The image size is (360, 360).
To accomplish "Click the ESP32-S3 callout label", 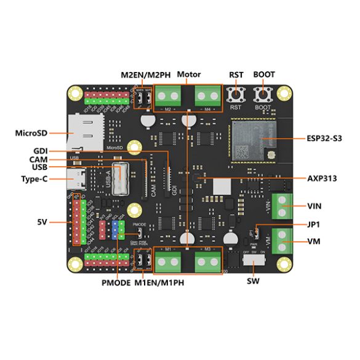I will (323, 138).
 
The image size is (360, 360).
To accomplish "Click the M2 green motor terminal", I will (167, 96).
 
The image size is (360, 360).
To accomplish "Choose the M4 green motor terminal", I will (209, 96).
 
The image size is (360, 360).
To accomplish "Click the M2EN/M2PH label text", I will (147, 75).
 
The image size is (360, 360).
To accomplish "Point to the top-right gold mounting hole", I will (284, 93).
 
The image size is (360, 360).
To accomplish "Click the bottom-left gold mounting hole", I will (74, 265).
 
